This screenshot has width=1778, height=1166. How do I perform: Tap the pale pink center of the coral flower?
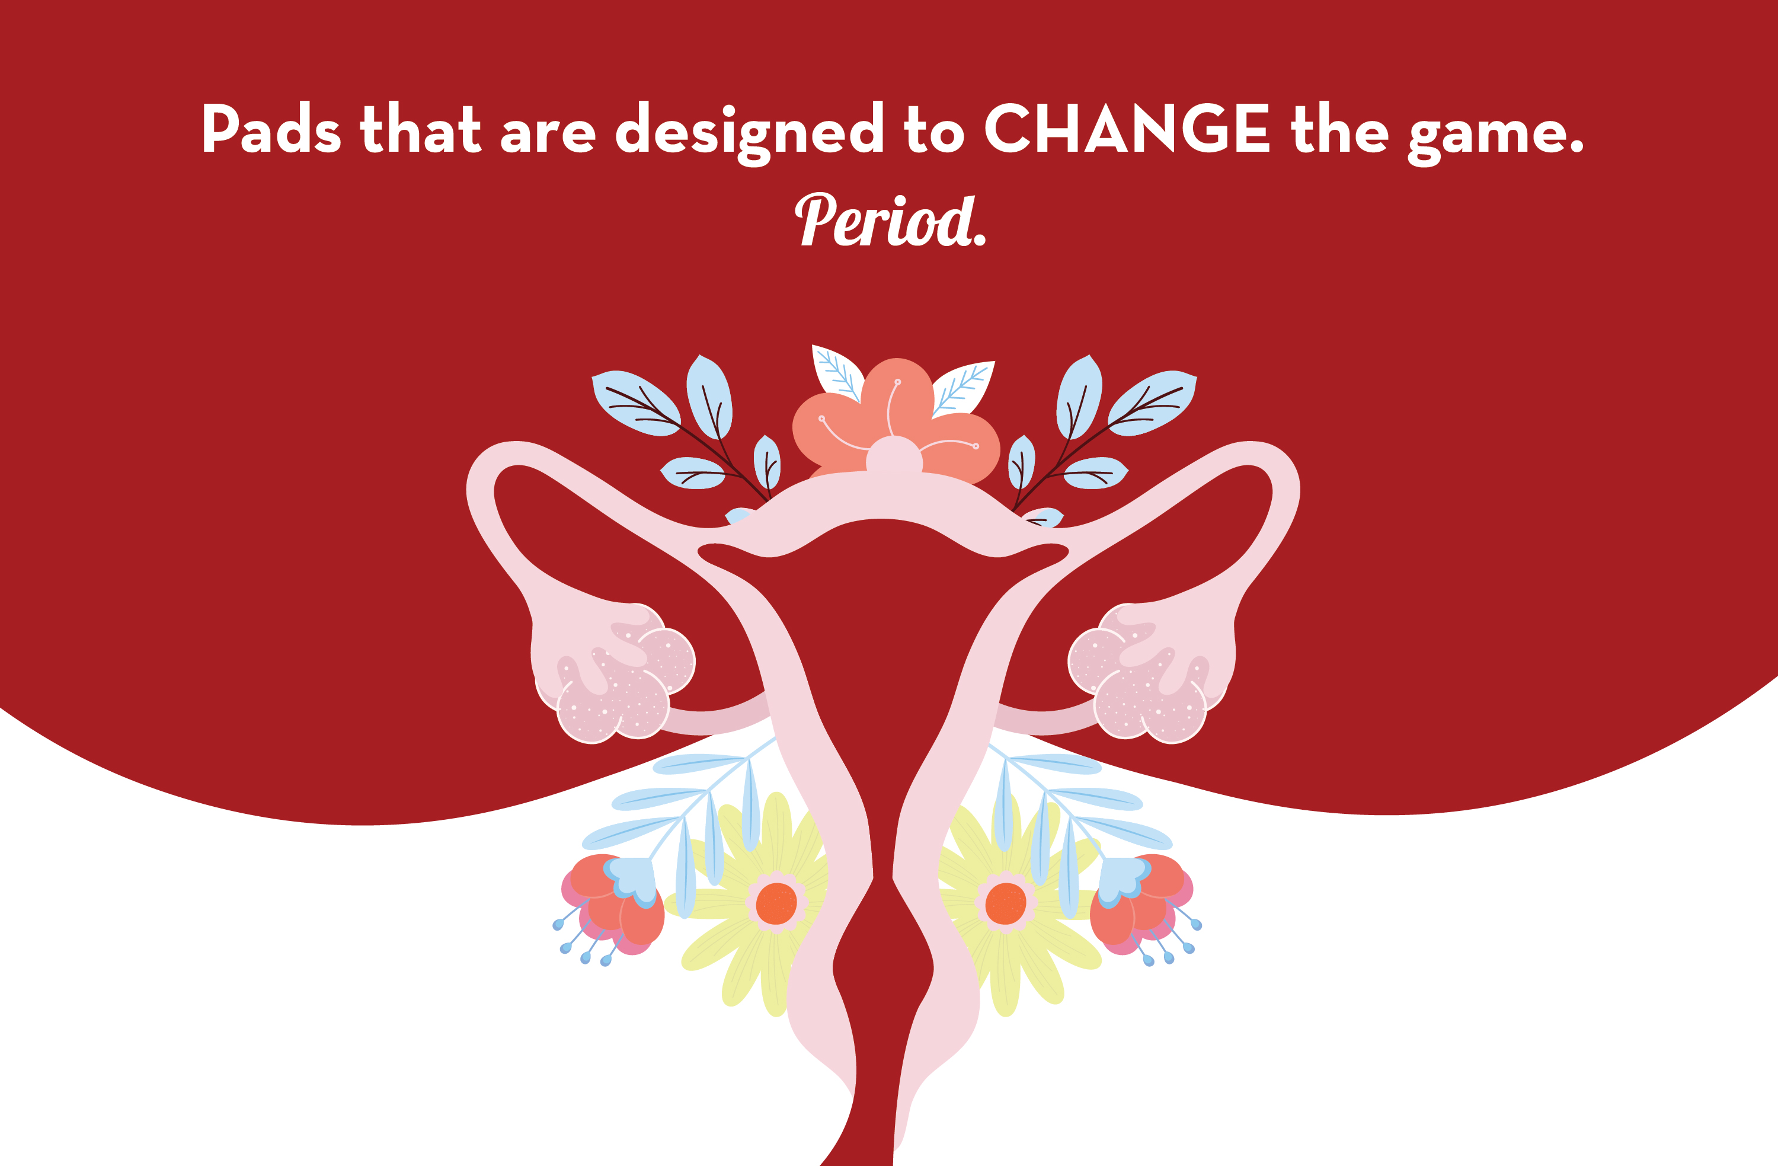(x=894, y=455)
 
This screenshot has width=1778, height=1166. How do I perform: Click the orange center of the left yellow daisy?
(x=776, y=903)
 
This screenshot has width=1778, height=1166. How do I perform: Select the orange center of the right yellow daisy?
(x=1006, y=903)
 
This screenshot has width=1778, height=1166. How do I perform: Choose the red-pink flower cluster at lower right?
(x=1141, y=905)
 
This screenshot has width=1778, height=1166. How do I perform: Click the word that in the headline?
(x=421, y=128)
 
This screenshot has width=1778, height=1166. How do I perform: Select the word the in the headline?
(x=1340, y=128)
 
